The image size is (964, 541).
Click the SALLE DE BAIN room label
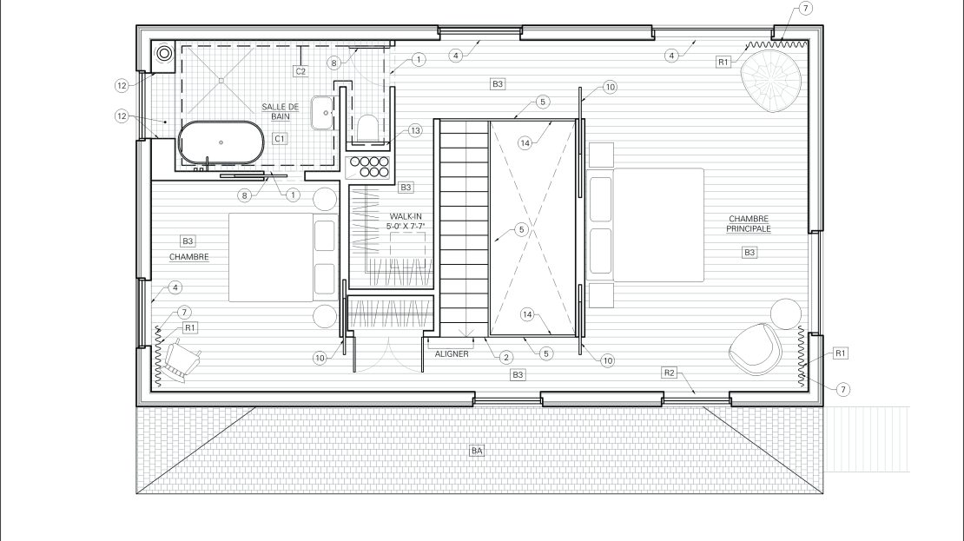281,111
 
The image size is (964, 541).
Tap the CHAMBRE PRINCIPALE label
749,224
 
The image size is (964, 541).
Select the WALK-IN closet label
406,221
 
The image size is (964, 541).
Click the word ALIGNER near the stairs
452,354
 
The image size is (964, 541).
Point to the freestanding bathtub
221,142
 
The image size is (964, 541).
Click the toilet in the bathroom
367,128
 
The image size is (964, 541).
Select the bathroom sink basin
322,113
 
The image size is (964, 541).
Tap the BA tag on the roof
477,452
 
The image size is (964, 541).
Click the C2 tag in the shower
300,71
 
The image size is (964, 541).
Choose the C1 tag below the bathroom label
280,139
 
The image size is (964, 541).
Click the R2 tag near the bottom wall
670,373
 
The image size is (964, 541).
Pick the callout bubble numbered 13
415,130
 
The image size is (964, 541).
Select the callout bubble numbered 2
506,357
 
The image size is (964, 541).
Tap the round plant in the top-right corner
771,81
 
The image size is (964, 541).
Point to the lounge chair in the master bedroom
755,348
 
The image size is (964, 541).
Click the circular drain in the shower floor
220,80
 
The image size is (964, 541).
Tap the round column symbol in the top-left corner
164,54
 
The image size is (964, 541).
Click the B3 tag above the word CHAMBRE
188,241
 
